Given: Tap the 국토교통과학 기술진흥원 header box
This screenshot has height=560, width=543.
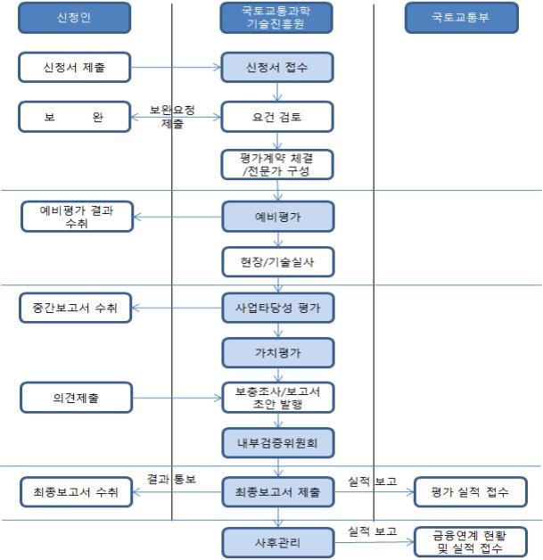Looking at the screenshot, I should coord(276,19).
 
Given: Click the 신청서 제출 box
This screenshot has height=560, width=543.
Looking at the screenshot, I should coord(75,67).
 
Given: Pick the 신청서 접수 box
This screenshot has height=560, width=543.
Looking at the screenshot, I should coord(276,67).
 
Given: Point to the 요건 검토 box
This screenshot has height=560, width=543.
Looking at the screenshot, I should coord(276,117).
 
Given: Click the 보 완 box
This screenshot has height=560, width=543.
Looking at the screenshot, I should coord(75,117).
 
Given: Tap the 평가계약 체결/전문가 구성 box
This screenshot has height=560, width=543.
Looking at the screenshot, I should coord(276,165).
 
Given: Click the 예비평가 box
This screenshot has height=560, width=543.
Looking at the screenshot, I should coord(276,215).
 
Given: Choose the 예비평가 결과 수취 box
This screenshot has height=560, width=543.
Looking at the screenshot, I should coord(75,217).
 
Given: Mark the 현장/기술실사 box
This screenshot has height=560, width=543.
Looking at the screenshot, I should coord(276,261).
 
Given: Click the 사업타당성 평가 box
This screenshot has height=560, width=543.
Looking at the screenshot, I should coord(276,308).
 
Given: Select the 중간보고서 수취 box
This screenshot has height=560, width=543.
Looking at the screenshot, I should coord(75,309).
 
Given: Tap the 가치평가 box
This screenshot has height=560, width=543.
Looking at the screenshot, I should coord(276,353).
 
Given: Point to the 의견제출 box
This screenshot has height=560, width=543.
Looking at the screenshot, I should coord(75,398).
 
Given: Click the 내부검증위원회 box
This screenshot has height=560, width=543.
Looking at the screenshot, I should coord(276,441).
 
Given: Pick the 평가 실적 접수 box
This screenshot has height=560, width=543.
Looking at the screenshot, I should coord(470,491).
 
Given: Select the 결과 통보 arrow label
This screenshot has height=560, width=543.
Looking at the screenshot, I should coord(172,479).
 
